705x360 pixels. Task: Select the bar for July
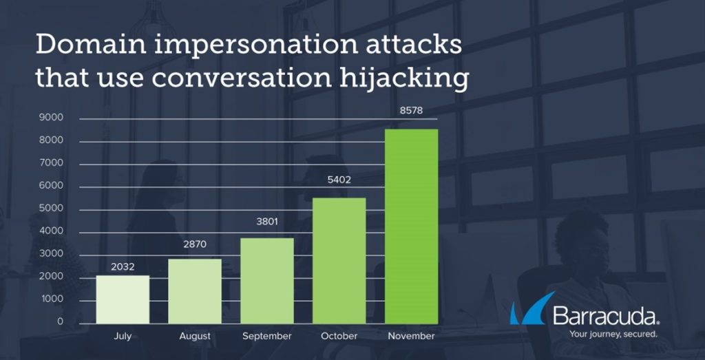[123, 299]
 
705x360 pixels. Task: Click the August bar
[195, 291]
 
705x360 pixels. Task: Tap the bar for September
[267, 281]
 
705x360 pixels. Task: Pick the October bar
[339, 261]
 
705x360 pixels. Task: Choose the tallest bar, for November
[412, 226]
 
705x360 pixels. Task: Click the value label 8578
[412, 111]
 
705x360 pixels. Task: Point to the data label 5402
[339, 180]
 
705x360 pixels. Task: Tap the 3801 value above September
[267, 222]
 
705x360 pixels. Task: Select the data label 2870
[195, 245]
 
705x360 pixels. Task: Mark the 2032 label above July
[123, 267]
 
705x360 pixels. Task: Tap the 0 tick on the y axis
[61, 322]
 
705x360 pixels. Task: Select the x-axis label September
[267, 336]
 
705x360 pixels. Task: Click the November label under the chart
[412, 336]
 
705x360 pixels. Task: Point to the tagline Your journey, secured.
[613, 335]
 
